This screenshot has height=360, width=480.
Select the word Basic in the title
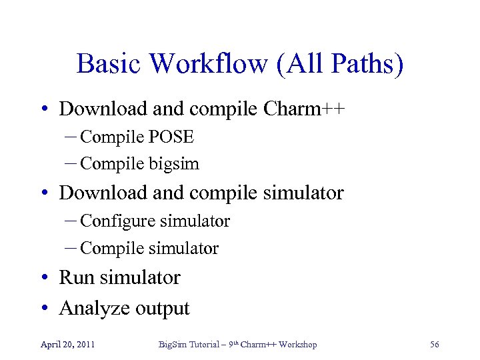[108, 64]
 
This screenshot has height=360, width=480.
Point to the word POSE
[171, 137]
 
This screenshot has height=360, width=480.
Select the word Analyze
[95, 308]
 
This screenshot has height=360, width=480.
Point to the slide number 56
[435, 344]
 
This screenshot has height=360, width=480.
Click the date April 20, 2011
[67, 344]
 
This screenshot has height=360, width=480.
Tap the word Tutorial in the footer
[203, 344]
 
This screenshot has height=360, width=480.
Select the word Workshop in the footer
[297, 344]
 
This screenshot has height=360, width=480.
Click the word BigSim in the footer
[170, 344]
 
